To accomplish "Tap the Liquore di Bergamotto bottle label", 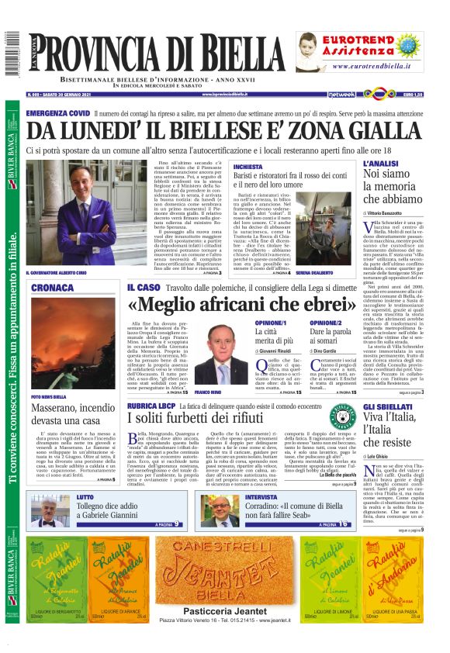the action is pyautogui.click(x=49, y=575).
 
